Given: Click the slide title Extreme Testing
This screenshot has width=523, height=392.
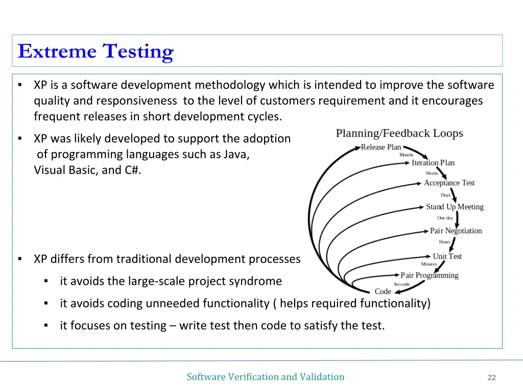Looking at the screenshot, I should pyautogui.click(x=96, y=52).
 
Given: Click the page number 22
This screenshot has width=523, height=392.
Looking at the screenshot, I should pyautogui.click(x=491, y=378).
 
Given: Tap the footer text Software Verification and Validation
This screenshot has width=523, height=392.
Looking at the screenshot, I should pyautogui.click(x=265, y=377).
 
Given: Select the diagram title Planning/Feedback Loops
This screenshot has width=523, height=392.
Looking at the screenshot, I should pyautogui.click(x=399, y=133).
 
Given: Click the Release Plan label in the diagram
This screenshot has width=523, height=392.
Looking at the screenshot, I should pyautogui.click(x=381, y=147).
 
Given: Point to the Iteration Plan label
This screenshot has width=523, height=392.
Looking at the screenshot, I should pyautogui.click(x=433, y=163).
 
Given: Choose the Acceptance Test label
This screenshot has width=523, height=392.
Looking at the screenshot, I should pyautogui.click(x=449, y=183).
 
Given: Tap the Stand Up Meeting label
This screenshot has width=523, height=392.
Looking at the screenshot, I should pyautogui.click(x=455, y=207).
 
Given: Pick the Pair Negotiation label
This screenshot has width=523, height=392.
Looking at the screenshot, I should pyautogui.click(x=456, y=231).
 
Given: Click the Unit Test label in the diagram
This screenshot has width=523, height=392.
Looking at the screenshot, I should pyautogui.click(x=447, y=256).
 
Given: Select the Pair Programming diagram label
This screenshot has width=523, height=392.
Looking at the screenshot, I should pyautogui.click(x=429, y=276).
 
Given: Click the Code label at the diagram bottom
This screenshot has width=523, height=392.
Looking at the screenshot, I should pyautogui.click(x=383, y=291).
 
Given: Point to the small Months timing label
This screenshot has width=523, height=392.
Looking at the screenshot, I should pyautogui.click(x=406, y=155).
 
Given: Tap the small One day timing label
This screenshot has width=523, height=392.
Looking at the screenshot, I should pyautogui.click(x=445, y=218).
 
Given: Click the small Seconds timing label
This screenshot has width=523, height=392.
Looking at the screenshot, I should pyautogui.click(x=401, y=284).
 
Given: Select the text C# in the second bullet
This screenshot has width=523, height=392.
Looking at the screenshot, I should pyautogui.click(x=132, y=170).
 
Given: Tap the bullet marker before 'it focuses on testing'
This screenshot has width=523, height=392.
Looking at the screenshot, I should pyautogui.click(x=45, y=325).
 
